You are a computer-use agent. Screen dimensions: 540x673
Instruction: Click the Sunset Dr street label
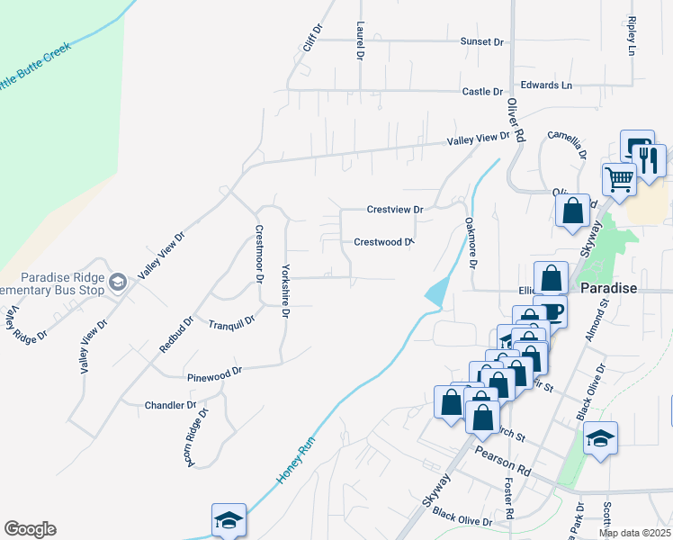[x=482, y=41]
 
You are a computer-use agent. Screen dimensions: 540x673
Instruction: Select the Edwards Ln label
[x=546, y=85]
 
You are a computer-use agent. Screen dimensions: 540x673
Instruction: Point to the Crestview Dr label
[x=394, y=210]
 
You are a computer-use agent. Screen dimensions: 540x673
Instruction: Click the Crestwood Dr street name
[x=382, y=242]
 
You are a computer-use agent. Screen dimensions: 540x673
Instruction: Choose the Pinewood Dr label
[x=215, y=371]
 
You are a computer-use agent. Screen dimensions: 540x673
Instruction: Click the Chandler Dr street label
[x=170, y=406]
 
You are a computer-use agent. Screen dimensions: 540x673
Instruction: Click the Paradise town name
[x=609, y=289]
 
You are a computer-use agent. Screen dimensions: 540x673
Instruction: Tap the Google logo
[x=30, y=529]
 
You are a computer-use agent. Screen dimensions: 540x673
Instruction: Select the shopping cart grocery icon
[x=619, y=179]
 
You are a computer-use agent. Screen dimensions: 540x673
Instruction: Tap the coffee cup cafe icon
[x=551, y=312]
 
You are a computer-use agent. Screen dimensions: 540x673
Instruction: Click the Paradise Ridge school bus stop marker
[x=117, y=284]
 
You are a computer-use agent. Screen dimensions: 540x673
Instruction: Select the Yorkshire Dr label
[x=285, y=291]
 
